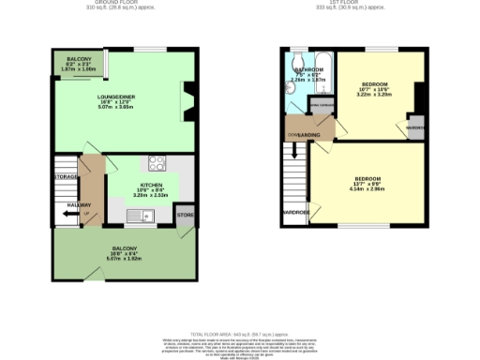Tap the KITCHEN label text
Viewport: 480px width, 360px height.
point(150,185)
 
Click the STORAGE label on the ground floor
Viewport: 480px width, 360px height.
point(66,176)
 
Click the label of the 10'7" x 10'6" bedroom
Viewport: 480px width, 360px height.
point(375,85)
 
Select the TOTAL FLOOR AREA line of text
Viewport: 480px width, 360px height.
point(240,333)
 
